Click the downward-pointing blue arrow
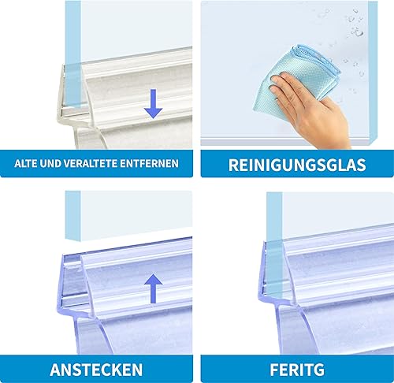154,103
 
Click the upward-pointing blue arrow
154,288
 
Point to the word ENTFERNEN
150,163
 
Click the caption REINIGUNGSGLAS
297,165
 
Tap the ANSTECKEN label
96,370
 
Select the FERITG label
297,370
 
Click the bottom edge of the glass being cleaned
286,141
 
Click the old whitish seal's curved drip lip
89,136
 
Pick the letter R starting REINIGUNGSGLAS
233,165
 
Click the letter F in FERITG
274,370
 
